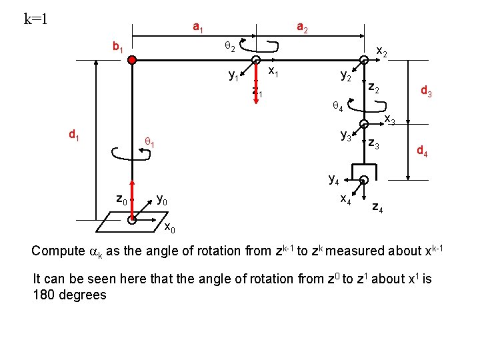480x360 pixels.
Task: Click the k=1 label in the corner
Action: [35, 18]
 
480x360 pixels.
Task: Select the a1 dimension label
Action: [198, 28]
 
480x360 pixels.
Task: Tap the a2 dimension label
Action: [301, 28]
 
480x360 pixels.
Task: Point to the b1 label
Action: [120, 47]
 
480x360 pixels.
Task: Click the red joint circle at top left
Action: [133, 60]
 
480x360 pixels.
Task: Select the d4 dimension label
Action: [422, 152]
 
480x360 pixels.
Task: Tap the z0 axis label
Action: [121, 198]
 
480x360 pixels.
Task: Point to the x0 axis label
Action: [171, 229]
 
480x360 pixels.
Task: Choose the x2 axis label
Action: [383, 51]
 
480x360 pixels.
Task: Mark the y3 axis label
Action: [346, 136]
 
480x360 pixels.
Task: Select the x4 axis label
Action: [347, 198]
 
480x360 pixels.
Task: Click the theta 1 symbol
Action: [151, 141]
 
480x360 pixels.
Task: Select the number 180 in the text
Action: [44, 295]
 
